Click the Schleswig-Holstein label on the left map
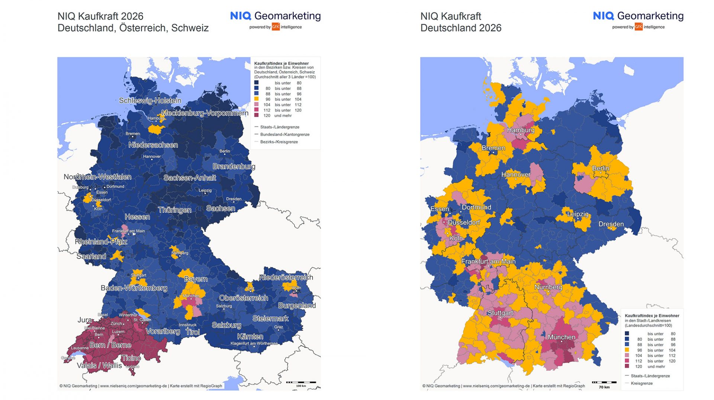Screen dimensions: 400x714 (x=150, y=101)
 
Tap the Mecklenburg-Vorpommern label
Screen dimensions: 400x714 (x=205, y=113)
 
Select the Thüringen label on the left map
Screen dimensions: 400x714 (x=174, y=210)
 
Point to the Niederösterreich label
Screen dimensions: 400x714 (x=286, y=277)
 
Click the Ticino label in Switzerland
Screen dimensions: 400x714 (x=131, y=358)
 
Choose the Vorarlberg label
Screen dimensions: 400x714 (x=163, y=331)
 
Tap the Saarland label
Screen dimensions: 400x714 (x=91, y=256)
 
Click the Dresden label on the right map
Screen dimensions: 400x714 (x=611, y=224)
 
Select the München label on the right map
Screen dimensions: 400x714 (x=562, y=337)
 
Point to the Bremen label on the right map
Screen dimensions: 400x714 (x=493, y=148)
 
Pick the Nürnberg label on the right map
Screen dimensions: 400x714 (x=548, y=287)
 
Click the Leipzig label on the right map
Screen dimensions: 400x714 (x=578, y=214)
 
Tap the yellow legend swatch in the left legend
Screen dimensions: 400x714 (x=257, y=99)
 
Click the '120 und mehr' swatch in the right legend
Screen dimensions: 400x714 (x=627, y=367)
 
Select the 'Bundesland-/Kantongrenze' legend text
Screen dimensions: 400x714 (x=284, y=134)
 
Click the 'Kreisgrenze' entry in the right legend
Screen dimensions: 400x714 (x=641, y=383)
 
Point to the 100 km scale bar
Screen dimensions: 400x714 (x=301, y=382)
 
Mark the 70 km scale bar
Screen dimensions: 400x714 (x=604, y=382)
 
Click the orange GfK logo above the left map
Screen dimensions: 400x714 (x=276, y=27)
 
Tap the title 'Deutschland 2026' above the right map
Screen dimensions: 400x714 (x=461, y=28)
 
